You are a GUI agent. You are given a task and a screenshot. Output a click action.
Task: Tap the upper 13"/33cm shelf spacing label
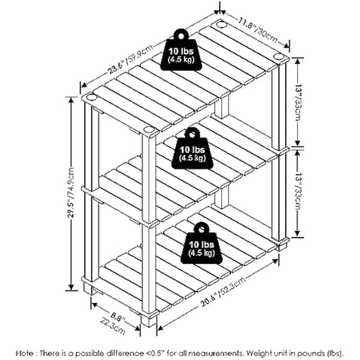(x=299, y=103)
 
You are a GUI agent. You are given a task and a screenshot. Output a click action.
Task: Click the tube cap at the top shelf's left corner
(x=92, y=97)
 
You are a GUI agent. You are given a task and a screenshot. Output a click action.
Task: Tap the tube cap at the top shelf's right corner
(x=278, y=56)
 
